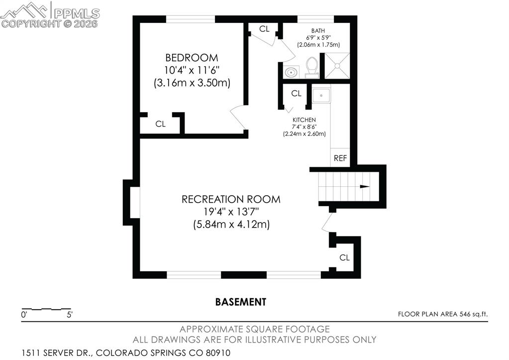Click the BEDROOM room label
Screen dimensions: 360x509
point(192,57)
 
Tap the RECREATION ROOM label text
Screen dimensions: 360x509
point(231,199)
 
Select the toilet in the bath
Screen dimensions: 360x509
point(312,67)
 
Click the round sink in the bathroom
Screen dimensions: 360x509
point(291,72)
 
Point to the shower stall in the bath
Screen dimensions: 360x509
point(337,65)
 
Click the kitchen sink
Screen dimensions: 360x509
point(321,94)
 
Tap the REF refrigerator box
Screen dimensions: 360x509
point(340,158)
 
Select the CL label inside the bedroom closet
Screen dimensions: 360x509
point(160,124)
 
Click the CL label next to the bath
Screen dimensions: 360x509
point(264,29)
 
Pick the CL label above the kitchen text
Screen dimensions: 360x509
point(296,93)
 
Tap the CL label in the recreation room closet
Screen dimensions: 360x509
point(344,257)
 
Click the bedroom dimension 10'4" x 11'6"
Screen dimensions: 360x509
point(192,70)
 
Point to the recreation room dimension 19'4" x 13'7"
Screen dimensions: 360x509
point(231,212)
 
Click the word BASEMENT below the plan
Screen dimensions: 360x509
point(241,302)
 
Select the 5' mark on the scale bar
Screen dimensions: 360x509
point(70,315)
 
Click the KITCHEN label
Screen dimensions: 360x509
point(304,120)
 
